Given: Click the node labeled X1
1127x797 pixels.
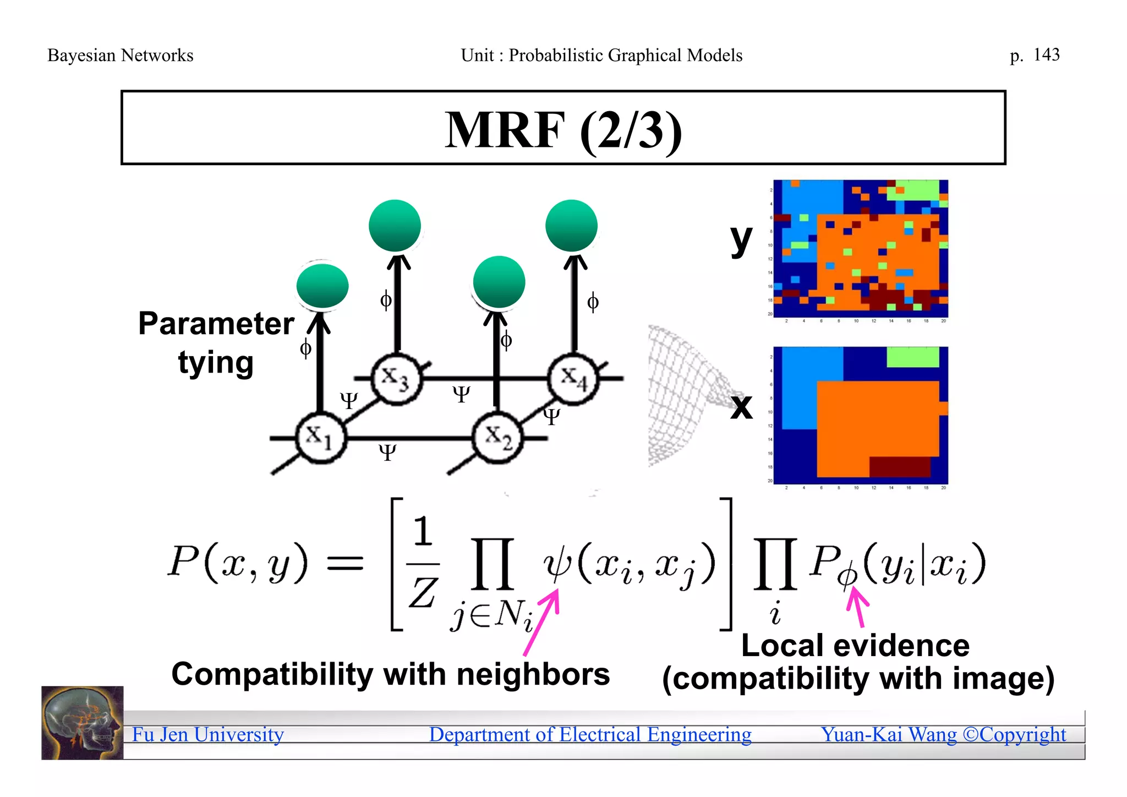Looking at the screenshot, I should coord(321,438).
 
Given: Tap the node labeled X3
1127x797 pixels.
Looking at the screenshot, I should coord(396,379).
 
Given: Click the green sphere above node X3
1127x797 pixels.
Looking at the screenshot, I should coord(395,226).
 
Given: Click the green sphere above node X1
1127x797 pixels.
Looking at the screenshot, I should coord(322,286).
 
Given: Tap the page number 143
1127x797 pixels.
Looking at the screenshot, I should coord(1046,54).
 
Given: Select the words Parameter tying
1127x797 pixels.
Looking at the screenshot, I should coord(216,342).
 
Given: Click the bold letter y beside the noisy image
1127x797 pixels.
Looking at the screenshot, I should coord(741,239).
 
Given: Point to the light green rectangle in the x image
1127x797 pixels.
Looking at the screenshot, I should coord(912,357).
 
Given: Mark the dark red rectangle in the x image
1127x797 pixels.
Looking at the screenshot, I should coord(900,466).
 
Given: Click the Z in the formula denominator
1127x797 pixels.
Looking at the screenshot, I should coord(423,593).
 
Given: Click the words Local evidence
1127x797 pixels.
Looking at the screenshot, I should coord(855,646).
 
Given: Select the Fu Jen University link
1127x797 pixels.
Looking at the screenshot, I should coord(208,735).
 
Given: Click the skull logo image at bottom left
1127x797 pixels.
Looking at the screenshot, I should coord(83,723).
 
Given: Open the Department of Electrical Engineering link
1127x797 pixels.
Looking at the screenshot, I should coord(590,735).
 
